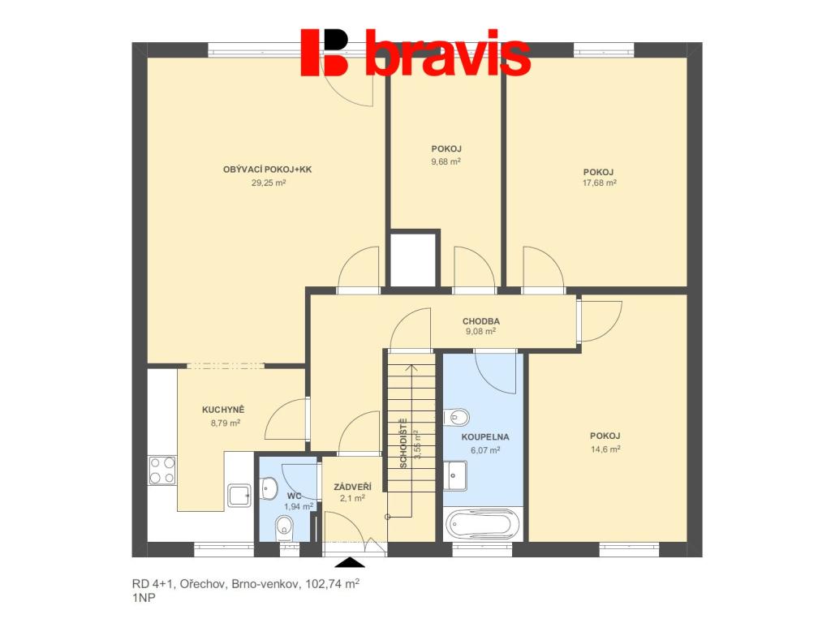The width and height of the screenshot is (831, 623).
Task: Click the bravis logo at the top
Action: click(x=415, y=52)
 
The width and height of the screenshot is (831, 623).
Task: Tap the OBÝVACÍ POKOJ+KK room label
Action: click(x=268, y=170)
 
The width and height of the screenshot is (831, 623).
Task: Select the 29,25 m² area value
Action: click(x=268, y=183)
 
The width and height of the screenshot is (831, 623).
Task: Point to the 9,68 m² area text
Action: click(x=446, y=161)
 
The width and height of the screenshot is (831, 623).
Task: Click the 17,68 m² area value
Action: click(x=600, y=183)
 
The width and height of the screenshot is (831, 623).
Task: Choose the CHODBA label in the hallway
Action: click(x=480, y=321)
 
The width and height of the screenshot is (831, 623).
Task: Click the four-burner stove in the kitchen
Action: click(x=162, y=470)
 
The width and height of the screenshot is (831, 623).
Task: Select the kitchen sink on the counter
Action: click(x=239, y=496)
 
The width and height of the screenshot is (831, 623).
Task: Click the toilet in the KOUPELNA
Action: click(x=456, y=417)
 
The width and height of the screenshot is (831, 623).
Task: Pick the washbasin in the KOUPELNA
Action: click(x=455, y=476)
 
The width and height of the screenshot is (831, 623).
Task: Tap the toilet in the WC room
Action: click(x=285, y=527)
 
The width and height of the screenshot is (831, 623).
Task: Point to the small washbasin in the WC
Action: click(x=269, y=488)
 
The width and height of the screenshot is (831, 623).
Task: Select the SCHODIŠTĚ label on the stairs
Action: click(x=403, y=443)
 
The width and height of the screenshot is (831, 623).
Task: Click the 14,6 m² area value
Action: click(x=605, y=449)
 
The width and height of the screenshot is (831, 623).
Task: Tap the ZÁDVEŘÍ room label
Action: click(x=352, y=487)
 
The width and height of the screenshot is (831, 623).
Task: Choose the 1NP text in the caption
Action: click(x=144, y=598)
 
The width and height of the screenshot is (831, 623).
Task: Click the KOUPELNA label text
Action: click(x=485, y=437)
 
